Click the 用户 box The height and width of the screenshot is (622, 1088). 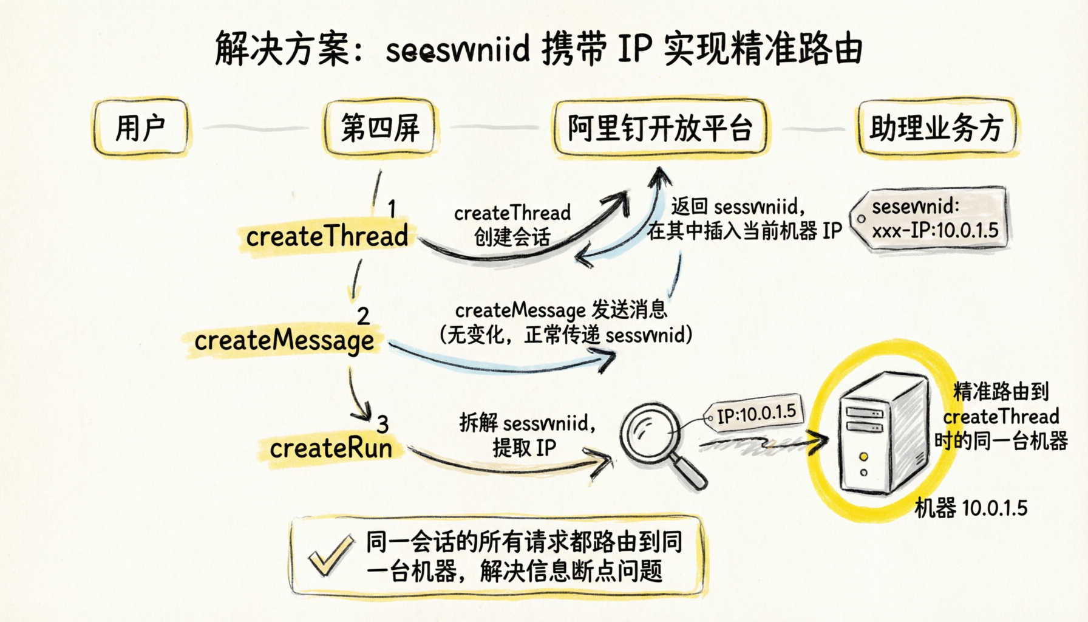point(140,128)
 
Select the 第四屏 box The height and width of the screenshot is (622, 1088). point(380,128)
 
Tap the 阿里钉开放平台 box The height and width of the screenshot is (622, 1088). point(660,128)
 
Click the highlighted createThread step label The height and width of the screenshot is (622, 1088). point(327,236)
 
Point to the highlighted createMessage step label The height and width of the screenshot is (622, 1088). point(284,341)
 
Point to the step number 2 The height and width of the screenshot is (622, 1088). point(363,316)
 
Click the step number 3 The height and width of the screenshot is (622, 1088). point(382,424)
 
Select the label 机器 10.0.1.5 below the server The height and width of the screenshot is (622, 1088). point(971,508)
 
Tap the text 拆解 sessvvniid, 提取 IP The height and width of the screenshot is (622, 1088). point(526,435)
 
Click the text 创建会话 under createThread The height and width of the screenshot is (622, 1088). point(512,237)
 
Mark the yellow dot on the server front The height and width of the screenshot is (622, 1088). point(863,457)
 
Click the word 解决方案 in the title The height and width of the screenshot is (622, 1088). point(282,49)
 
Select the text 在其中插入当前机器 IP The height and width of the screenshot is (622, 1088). point(744,231)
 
